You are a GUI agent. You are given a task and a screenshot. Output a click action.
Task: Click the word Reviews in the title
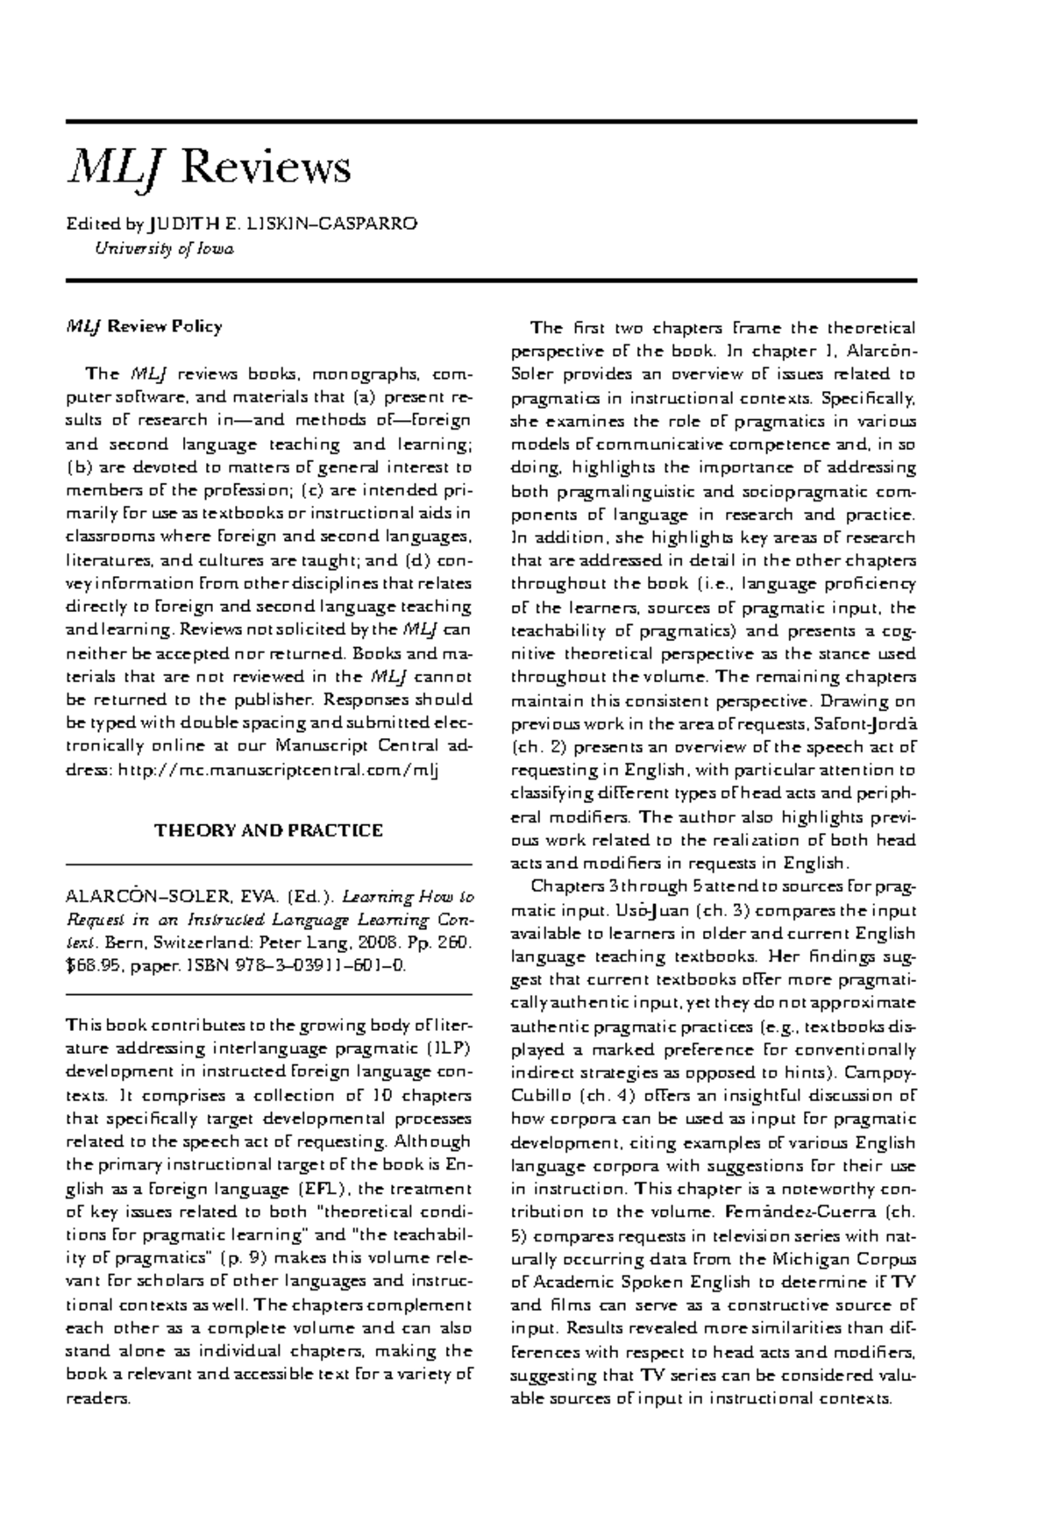click(x=266, y=167)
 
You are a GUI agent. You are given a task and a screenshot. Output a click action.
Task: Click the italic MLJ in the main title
click(x=117, y=167)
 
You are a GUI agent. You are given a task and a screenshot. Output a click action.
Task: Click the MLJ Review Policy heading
click(x=145, y=326)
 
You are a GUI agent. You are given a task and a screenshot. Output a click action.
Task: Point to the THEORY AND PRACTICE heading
click(x=268, y=829)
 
